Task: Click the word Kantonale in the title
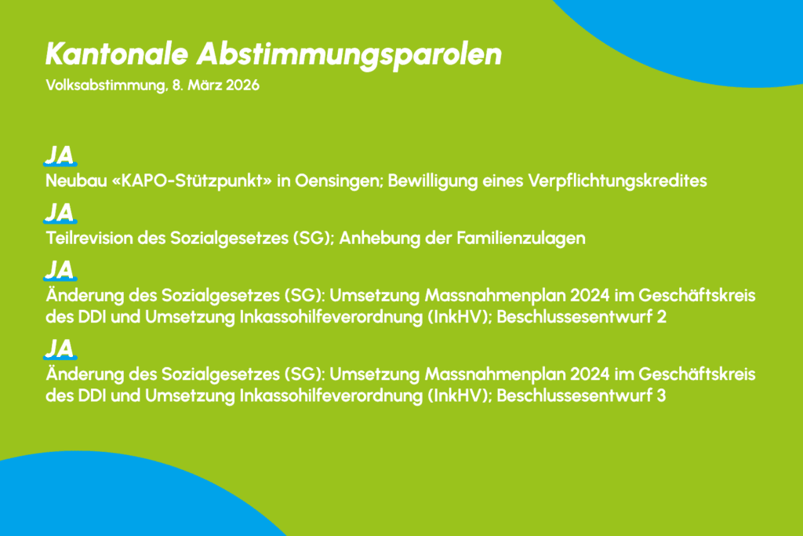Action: [117, 54]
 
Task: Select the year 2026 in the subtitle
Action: [242, 85]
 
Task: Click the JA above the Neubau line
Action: [60, 155]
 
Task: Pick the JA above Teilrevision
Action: [60, 213]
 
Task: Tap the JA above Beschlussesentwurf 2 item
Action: [60, 270]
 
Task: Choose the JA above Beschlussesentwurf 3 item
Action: [60, 348]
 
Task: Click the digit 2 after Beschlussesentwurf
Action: [661, 317]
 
